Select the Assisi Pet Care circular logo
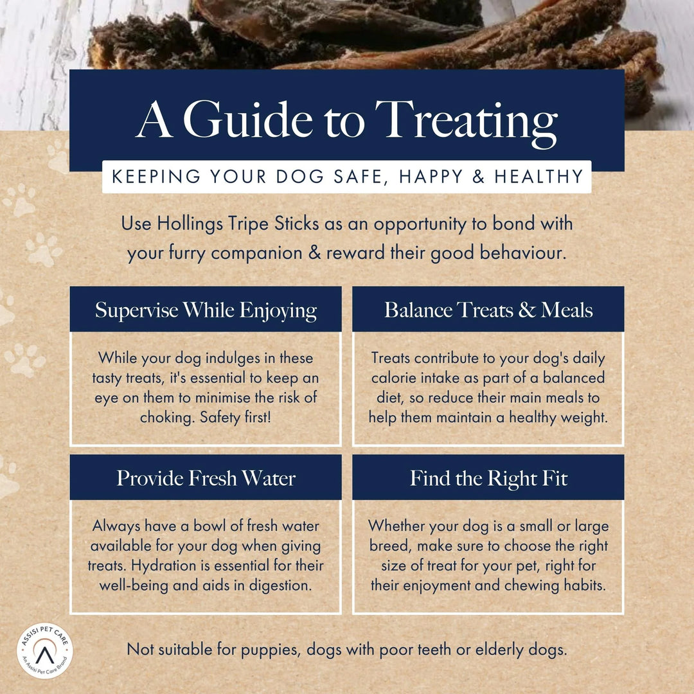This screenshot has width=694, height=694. point(44,649)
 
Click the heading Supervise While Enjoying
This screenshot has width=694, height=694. point(206,310)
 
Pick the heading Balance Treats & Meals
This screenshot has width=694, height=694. point(488,310)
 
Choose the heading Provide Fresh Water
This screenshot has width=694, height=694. point(206,478)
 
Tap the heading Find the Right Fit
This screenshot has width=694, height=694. point(488,478)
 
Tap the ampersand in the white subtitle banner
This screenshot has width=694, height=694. point(479,177)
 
